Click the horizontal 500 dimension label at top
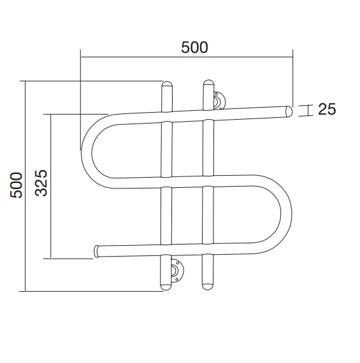coord(194,48)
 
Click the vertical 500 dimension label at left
coord(16,185)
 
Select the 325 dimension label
coord(41,183)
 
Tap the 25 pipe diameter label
coord(327,109)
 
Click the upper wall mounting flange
coord(219,101)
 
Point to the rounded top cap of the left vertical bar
coord(167,84)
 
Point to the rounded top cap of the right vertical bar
coord(208,83)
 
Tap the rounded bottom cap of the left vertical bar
coord(166,287)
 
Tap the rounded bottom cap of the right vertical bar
coord(207,287)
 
